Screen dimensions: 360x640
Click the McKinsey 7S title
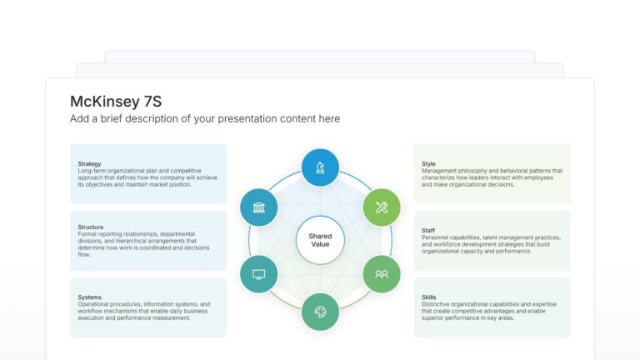(x=116, y=101)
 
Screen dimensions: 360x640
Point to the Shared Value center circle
(x=320, y=240)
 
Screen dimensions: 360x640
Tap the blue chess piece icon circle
(x=320, y=167)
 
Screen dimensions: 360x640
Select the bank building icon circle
(x=259, y=207)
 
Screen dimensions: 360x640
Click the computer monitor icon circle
(x=259, y=274)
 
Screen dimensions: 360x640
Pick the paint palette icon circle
(x=320, y=312)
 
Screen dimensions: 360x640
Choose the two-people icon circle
(x=382, y=274)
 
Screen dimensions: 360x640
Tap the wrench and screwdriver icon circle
(x=382, y=207)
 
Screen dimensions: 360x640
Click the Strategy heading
(x=90, y=164)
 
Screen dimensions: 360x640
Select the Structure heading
(x=91, y=227)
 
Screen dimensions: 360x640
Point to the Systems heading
(x=90, y=297)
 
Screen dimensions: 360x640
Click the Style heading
(x=429, y=164)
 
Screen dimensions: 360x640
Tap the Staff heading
(x=429, y=231)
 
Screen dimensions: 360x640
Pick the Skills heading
(x=429, y=297)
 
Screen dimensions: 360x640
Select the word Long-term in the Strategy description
(x=92, y=171)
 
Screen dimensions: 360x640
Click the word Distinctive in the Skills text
(x=438, y=304)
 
